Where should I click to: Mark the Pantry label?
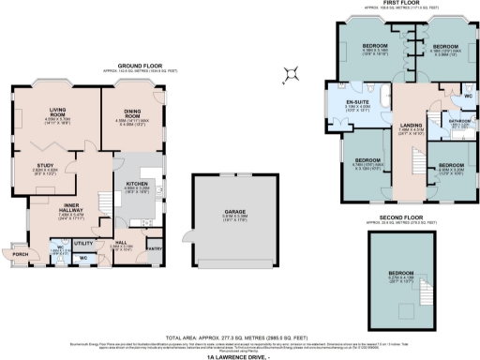155,247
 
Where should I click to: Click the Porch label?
19,253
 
